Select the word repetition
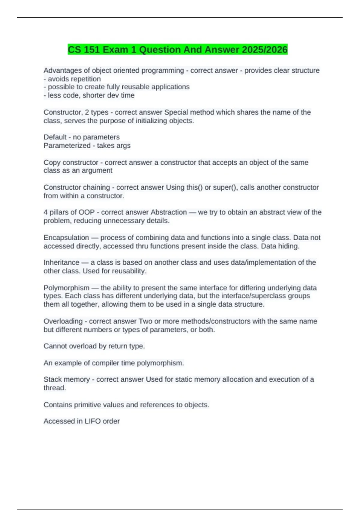87,79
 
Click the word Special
175,112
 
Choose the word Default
55,137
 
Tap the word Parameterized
67,145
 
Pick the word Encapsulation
66,238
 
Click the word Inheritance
61,262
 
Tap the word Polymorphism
66,288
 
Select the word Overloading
63,321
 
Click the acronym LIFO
92,421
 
